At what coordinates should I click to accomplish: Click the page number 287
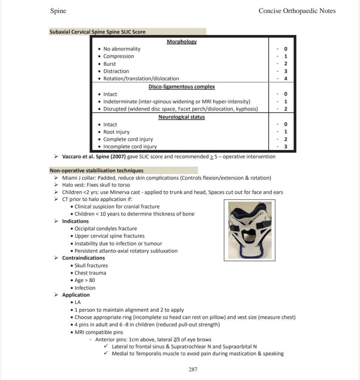193,369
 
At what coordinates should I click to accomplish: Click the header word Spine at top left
58,11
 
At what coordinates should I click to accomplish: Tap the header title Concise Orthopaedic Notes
297,11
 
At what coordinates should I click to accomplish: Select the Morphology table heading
181,42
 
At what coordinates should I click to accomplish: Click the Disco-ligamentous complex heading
181,87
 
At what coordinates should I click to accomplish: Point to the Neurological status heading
181,117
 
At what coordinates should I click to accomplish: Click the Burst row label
109,64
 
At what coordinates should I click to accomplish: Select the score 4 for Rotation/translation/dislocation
286,79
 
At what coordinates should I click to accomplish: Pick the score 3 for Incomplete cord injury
286,147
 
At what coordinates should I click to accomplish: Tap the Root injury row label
116,132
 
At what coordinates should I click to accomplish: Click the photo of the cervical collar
249,230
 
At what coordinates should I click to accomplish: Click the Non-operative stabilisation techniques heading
96,170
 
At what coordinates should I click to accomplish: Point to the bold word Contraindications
84,258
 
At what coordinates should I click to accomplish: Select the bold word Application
76,295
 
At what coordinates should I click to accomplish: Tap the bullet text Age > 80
85,280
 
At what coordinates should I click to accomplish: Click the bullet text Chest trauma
90,273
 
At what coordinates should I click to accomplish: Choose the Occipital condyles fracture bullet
106,228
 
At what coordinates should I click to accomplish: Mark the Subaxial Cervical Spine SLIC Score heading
98,32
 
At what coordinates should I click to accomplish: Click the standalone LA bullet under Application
78,302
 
